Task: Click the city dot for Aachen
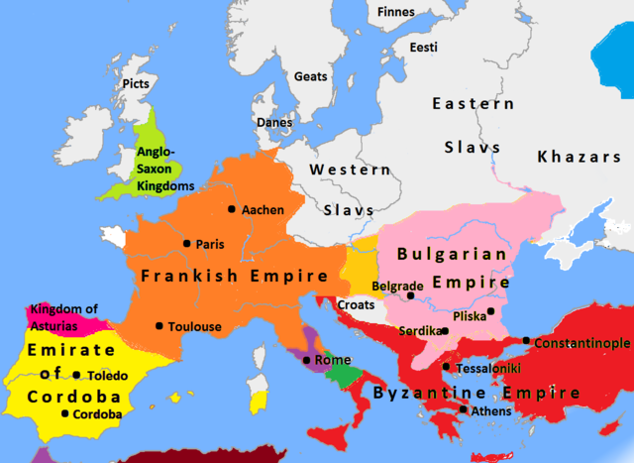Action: click(x=232, y=209)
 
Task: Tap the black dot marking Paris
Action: click(x=186, y=243)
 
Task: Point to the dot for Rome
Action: click(x=307, y=360)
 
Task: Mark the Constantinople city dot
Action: click(x=525, y=341)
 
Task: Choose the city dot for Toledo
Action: click(x=76, y=375)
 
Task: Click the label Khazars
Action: click(x=579, y=157)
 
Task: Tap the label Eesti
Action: click(x=423, y=48)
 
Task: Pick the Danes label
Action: click(x=274, y=122)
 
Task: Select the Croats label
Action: click(x=356, y=304)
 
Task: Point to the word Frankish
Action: click(x=186, y=276)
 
